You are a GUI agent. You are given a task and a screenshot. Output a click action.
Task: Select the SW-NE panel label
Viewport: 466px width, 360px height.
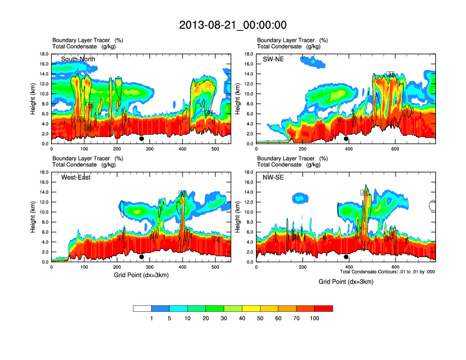pyautogui.click(x=273, y=59)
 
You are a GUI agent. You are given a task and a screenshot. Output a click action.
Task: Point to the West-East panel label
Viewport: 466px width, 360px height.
pyautogui.click(x=75, y=177)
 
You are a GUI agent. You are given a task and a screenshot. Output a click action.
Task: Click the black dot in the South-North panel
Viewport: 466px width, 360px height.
pyautogui.click(x=142, y=139)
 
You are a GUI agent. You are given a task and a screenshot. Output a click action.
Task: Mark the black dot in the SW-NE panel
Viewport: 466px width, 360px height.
pyautogui.click(x=346, y=139)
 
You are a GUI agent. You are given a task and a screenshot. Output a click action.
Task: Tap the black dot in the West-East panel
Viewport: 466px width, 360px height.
pyautogui.click(x=142, y=257)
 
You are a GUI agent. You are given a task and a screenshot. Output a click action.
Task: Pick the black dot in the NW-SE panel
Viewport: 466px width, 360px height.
pyautogui.click(x=346, y=257)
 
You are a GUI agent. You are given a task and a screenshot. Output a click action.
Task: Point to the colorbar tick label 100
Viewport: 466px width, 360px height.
pyautogui.click(x=314, y=318)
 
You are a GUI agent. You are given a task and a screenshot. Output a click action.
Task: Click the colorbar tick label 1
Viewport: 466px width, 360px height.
pyautogui.click(x=152, y=318)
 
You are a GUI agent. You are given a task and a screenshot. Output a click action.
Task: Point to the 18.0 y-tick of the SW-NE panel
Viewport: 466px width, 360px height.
pyautogui.click(x=248, y=54)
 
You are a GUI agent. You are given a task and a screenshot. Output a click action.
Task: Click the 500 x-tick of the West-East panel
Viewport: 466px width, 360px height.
pyautogui.click(x=215, y=267)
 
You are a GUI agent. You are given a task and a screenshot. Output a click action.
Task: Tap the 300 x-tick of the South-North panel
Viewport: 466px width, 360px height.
pyautogui.click(x=149, y=149)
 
